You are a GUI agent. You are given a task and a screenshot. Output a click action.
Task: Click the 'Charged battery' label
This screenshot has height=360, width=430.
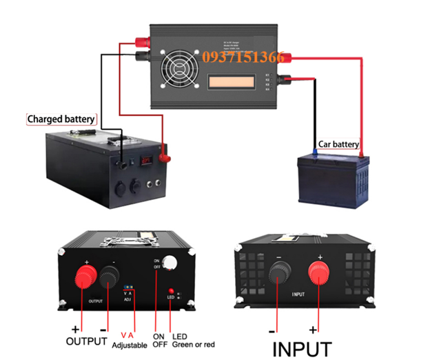point(61,119)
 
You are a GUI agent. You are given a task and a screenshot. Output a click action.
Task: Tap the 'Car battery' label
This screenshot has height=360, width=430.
point(338,144)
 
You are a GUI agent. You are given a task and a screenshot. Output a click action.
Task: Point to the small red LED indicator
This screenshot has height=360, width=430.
point(170,292)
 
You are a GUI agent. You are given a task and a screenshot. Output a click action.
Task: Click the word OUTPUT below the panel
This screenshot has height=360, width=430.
point(87,341)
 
